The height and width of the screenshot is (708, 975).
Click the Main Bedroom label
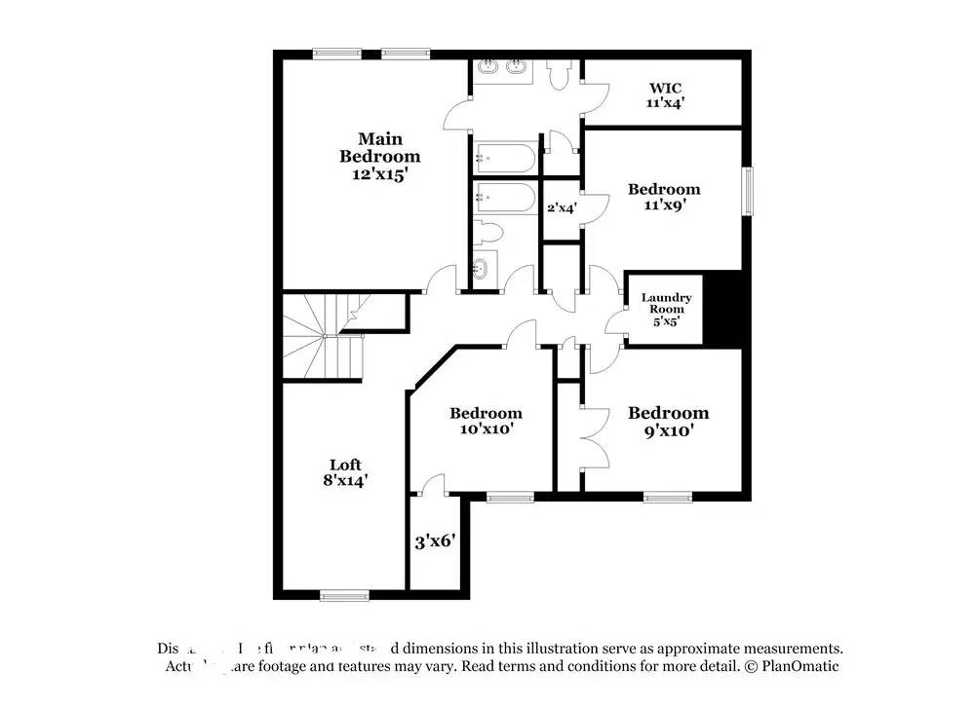(x=379, y=156)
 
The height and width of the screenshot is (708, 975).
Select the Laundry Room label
(x=666, y=309)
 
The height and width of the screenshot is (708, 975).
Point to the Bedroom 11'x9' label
(x=663, y=198)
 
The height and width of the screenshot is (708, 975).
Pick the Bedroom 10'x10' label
(x=485, y=421)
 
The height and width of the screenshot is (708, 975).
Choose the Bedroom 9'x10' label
(x=668, y=421)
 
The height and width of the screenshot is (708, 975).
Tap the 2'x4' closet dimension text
(x=562, y=207)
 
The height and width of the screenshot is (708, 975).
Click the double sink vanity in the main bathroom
(x=503, y=69)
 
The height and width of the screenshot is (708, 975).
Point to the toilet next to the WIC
(x=560, y=77)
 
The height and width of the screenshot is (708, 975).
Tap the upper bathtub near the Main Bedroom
(x=504, y=157)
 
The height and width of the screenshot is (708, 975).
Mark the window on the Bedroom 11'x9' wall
(x=749, y=191)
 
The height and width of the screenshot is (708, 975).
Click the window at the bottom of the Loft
(x=344, y=595)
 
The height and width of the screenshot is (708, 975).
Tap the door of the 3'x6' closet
(x=433, y=484)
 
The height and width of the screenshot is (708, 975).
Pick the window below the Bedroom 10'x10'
(x=510, y=498)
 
